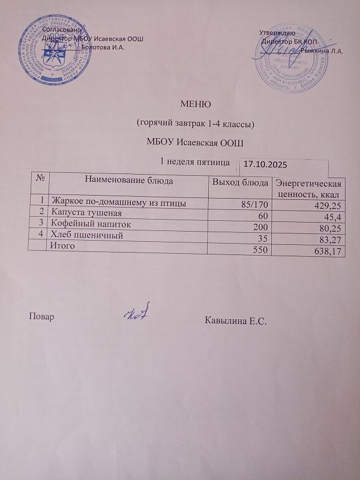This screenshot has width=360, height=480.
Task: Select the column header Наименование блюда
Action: (130, 179)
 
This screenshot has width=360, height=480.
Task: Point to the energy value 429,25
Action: (326, 205)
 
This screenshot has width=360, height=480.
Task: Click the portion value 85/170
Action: (253, 205)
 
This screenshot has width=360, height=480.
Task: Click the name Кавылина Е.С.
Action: (235, 322)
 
